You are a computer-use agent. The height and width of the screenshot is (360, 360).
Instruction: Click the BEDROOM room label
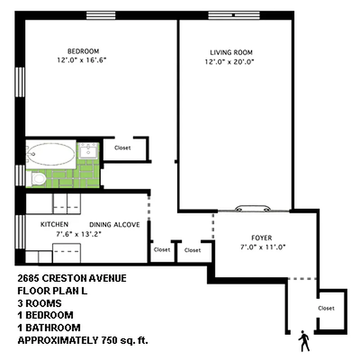[x=83, y=51]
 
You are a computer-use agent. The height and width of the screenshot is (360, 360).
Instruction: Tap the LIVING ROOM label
[x=231, y=52]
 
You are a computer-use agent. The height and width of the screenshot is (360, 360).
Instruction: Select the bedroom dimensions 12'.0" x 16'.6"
[x=83, y=60]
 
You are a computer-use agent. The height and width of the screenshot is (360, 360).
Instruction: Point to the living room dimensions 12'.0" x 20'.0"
[x=231, y=63]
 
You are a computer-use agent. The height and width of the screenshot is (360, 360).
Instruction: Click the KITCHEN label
[x=54, y=225]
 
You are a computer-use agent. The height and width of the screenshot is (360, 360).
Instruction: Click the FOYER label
[x=261, y=238]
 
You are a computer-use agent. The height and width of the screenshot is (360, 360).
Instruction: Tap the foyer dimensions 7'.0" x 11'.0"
[x=264, y=247]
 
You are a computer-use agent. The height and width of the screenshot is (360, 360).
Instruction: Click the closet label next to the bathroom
[x=122, y=148]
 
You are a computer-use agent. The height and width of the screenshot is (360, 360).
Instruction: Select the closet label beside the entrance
[x=326, y=308]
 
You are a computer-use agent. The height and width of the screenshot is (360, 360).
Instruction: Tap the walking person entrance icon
[x=304, y=342]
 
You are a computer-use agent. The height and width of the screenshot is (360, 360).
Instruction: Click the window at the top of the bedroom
[x=101, y=15]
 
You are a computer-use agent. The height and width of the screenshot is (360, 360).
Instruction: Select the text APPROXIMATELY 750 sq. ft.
[x=83, y=340]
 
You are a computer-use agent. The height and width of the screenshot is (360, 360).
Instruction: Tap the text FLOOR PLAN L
[x=52, y=290]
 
